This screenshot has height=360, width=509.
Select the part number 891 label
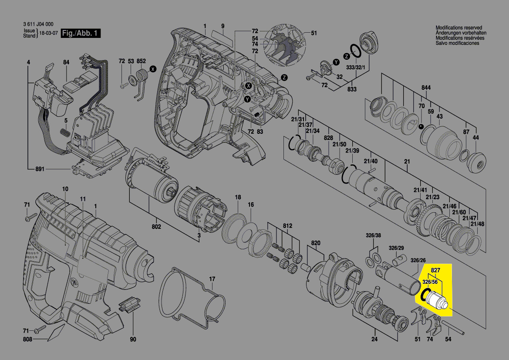[40, 168]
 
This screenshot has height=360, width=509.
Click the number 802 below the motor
[156, 227]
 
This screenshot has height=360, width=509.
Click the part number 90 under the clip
[133, 339]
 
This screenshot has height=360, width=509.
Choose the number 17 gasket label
[212, 278]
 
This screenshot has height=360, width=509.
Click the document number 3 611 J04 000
[38, 24]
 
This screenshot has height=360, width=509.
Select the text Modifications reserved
[459, 27]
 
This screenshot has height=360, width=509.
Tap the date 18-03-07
[49, 34]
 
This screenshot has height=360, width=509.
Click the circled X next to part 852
[152, 69]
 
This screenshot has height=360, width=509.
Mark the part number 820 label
[315, 243]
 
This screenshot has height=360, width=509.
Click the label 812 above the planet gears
[287, 226]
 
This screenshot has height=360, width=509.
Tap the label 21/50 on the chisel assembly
[340, 144]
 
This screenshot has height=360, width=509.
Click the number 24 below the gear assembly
[374, 339]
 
